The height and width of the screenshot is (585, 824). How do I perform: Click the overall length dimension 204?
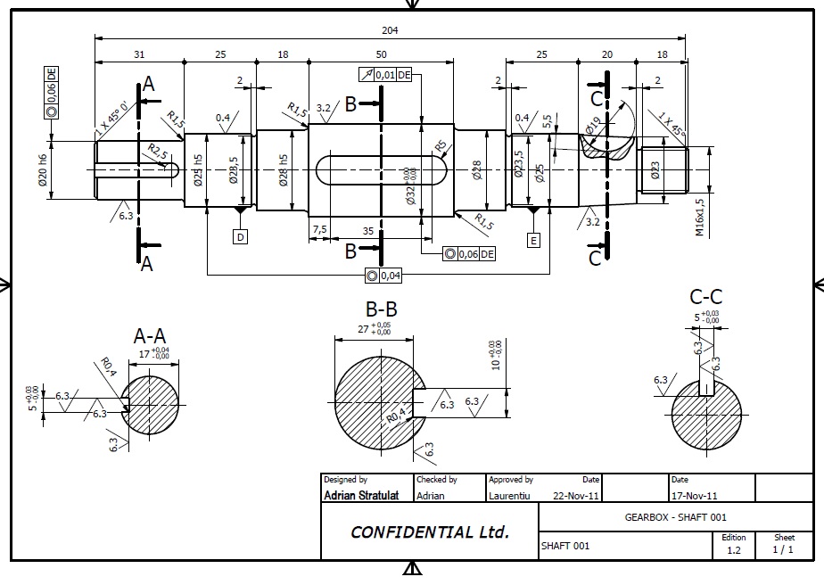390,30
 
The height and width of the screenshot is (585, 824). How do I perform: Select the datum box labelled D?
240,236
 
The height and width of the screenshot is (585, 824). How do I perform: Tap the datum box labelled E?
533,240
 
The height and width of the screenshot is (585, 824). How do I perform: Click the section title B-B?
381,309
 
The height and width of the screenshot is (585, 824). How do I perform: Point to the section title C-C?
706,297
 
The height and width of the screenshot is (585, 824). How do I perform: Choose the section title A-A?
150,336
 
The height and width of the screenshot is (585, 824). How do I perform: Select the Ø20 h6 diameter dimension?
42,169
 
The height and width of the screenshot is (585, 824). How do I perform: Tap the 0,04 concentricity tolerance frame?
383,276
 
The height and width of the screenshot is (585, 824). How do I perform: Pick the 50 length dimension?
382,55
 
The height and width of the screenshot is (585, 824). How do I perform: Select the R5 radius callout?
440,145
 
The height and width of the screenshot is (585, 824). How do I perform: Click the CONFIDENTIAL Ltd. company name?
430,532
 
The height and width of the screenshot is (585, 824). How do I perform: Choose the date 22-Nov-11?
577,494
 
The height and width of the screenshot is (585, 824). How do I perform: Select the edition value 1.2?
734,550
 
